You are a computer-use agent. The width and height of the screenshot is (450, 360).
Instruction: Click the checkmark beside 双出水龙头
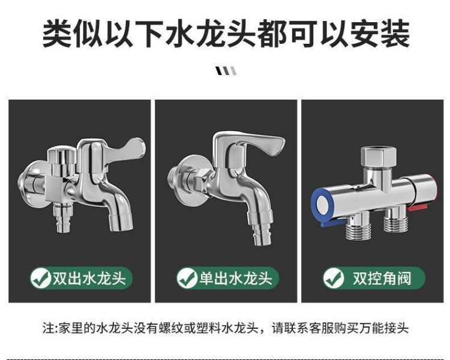41,278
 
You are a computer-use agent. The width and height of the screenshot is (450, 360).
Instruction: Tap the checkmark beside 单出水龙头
187,278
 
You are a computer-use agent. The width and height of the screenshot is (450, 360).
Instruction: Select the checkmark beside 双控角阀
333,278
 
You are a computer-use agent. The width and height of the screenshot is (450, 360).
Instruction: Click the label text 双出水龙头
89,278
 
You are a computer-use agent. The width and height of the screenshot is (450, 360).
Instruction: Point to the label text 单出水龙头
235,278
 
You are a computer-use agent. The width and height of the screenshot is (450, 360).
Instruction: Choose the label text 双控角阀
382,278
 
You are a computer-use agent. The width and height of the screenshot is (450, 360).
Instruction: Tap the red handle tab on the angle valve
418,206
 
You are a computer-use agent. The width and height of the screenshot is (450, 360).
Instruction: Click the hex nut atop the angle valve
378,157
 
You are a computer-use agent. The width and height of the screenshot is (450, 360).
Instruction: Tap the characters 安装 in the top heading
380,33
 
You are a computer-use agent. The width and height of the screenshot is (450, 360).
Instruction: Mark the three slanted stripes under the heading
226,71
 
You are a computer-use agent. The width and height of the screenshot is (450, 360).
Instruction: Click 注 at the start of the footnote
48,328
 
